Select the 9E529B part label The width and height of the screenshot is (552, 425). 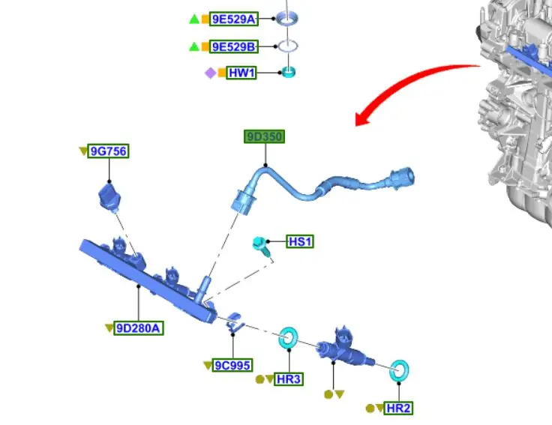coord(233,46)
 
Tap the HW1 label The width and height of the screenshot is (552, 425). coord(241,73)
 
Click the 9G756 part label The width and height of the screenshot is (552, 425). coord(108,151)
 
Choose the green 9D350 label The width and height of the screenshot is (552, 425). coord(264,136)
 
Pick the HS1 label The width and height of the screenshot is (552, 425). coord(300,241)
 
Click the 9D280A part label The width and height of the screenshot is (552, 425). coord(139,328)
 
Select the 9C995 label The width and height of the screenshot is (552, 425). coord(232,365)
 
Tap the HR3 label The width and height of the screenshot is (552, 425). coord(289,379)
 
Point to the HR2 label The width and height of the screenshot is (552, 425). coord(397,409)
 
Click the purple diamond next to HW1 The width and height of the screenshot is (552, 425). coord(210,73)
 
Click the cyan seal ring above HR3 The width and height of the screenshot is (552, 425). coord(288,339)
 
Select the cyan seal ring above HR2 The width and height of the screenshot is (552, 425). coord(400,370)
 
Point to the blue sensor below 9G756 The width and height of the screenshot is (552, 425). coord(109,198)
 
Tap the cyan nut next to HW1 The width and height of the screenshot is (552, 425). coord(288,72)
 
